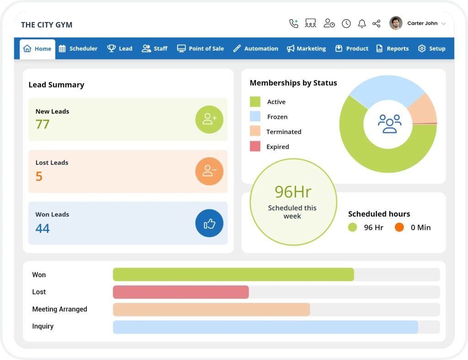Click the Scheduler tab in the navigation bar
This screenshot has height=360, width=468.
78,48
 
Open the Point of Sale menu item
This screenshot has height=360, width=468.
201,48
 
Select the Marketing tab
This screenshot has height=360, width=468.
306,48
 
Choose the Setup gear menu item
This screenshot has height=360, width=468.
431,48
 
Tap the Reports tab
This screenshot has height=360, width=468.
392,48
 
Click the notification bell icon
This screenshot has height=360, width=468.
362,23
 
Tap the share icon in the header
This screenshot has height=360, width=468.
377,23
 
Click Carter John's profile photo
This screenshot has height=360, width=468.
396,23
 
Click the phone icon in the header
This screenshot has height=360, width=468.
294,23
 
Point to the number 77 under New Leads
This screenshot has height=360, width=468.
43,124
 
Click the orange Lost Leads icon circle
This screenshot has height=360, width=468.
209,171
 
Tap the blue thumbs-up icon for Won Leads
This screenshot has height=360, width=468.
209,223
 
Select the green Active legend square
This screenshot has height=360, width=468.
255,101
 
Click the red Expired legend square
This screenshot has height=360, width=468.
255,146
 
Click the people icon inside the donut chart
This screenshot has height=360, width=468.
389,124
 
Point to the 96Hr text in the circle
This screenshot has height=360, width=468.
293,192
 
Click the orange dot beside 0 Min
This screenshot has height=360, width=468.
399,228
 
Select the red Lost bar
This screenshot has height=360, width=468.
181,292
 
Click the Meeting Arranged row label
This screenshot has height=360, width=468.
59,309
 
